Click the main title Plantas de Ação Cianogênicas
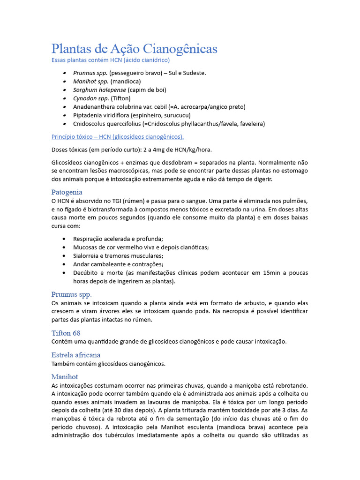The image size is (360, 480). tap(134, 49)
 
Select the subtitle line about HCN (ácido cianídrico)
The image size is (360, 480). tap(110, 60)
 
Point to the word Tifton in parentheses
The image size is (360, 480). tap(120, 98)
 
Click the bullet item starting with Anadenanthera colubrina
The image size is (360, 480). tap(159, 107)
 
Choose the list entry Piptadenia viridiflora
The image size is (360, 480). tap(132, 115)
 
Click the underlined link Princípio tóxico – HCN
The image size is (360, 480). tap(117, 137)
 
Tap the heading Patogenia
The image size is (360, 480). tap(67, 192)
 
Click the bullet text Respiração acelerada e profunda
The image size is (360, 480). tap(118, 239)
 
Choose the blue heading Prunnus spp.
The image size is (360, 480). tap(71, 294)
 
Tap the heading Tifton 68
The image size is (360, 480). tap(66, 333)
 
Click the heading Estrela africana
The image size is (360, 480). tap(75, 355)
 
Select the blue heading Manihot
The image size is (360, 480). tap(64, 376)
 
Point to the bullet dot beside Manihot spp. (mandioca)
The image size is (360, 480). tap(64, 82)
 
